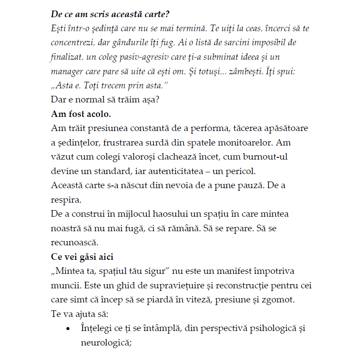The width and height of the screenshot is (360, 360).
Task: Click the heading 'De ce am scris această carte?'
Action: pos(110,14)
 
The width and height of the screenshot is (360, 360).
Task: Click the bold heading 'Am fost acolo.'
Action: pos(81,114)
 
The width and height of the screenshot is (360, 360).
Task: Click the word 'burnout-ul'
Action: pos(267,157)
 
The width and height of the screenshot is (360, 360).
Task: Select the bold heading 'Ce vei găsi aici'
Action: pos(82,257)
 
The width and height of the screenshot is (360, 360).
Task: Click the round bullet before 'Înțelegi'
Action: pos(68,329)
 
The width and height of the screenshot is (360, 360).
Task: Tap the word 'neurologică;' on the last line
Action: pos(106,342)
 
